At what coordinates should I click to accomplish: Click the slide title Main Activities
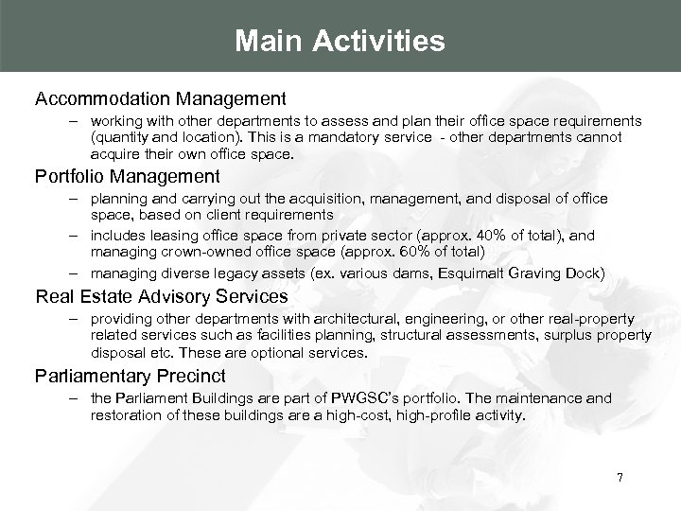pos(340,42)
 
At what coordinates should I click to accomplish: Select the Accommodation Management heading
pos(160,98)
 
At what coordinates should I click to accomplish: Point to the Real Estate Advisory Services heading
pos(162,296)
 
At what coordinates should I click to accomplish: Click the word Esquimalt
pos(454,273)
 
